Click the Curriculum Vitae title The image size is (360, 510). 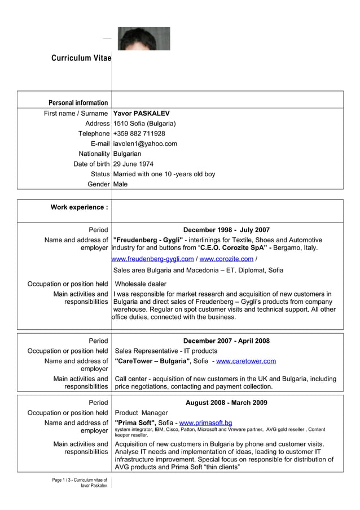[x=81, y=58]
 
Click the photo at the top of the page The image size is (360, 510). [x=144, y=38]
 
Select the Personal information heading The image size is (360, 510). [x=78, y=103]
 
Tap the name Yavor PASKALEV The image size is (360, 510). [x=141, y=114]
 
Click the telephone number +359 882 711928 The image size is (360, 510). [x=139, y=134]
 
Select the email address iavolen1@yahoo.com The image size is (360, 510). [x=145, y=144]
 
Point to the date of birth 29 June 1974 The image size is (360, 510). [x=133, y=164]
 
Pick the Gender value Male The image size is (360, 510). [x=120, y=185]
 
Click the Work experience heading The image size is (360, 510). [x=79, y=207]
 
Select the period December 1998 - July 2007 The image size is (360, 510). [x=226, y=230]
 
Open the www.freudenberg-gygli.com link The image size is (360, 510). [x=153, y=259]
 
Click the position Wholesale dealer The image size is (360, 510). [x=141, y=284]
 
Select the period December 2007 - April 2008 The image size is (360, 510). [x=226, y=341]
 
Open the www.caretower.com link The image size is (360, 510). [x=246, y=361]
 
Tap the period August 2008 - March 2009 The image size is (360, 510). [x=226, y=403]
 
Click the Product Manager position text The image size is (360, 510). [x=141, y=413]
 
